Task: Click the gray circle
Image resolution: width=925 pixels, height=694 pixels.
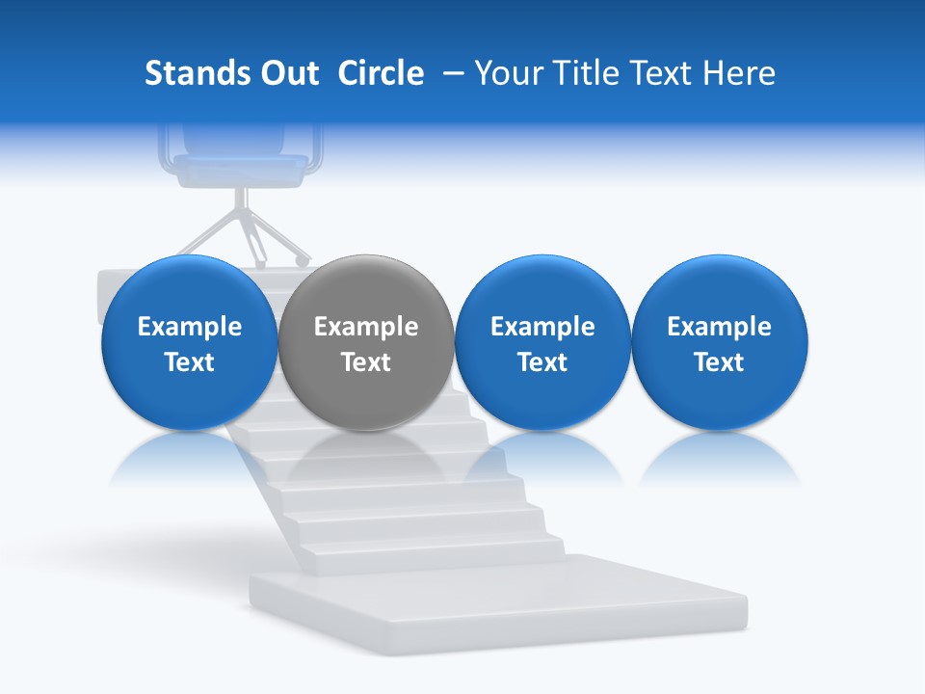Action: click(366, 342)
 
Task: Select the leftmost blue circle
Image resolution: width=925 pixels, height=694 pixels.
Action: click(189, 342)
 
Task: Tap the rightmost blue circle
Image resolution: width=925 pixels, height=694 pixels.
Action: click(719, 342)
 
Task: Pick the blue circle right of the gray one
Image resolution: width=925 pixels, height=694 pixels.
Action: click(542, 342)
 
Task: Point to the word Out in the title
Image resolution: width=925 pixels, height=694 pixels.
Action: click(288, 73)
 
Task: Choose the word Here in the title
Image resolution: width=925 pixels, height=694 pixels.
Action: click(738, 73)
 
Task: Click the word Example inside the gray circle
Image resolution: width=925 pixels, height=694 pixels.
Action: click(366, 327)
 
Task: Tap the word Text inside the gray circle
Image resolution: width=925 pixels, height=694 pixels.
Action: click(366, 362)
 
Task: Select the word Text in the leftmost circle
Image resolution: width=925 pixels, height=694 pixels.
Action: click(189, 362)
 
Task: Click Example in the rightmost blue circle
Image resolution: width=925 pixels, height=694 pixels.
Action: click(719, 327)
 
